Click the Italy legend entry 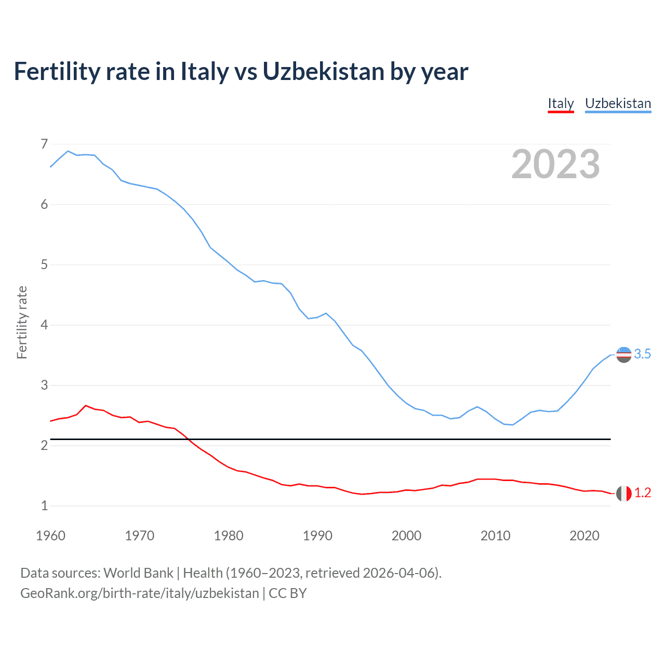coord(561,103)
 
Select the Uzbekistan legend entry coord(618,103)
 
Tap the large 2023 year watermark coord(555,164)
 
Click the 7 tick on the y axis coord(44,144)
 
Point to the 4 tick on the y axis coord(44,325)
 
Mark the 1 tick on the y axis coord(44,506)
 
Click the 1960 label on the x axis coord(50,536)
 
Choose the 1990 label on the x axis coord(317,536)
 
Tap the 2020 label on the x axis coord(584,536)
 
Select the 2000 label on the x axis coord(406,536)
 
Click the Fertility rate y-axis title coord(22,322)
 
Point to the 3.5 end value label coord(643,354)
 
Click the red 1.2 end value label coord(643,493)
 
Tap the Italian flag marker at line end coord(623,493)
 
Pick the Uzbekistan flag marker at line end coord(623,354)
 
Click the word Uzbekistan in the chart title coord(323,71)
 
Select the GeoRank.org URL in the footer coord(139,593)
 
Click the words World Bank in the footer coord(138,573)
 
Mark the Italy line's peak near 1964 coord(86,405)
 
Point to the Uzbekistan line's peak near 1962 coord(68,151)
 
